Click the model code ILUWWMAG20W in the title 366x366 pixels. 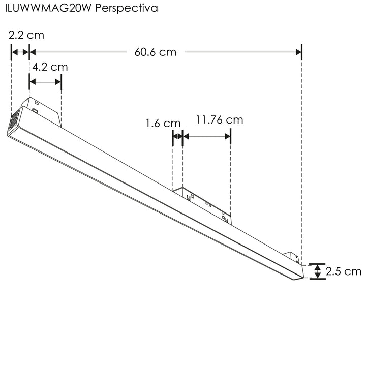tap(48, 9)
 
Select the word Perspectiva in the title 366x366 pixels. tap(127, 9)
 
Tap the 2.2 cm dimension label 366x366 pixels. tap(26, 35)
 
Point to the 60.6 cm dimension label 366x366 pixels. tap(155, 51)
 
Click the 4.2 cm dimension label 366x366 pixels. tap(50, 67)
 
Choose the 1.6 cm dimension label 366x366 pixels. tap(163, 123)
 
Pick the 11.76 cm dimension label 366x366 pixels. tap(219, 120)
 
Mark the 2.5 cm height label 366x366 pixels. tap(344, 271)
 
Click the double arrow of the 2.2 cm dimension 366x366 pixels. tap(20, 52)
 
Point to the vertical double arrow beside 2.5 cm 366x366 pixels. tap(318, 271)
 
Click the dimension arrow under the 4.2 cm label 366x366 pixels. tap(45, 82)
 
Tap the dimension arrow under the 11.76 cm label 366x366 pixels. tap(206, 136)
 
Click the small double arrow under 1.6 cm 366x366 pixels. tap(177, 136)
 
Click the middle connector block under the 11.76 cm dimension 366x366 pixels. tap(203, 203)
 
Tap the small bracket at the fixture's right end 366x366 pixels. tap(293, 257)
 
